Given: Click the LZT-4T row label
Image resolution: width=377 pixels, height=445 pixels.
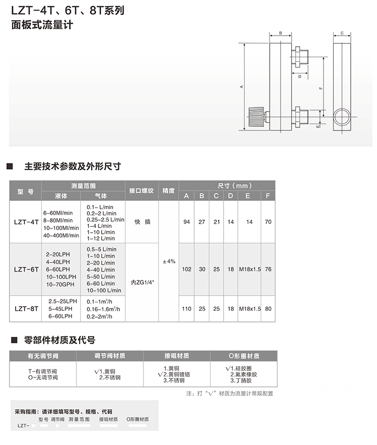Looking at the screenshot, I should (x=26, y=222).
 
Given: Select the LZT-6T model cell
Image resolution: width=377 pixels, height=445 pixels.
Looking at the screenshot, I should (x=26, y=269).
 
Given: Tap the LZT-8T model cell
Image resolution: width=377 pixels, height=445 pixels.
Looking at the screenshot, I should (x=26, y=309).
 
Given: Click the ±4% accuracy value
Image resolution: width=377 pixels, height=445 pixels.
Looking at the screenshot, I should (x=169, y=261).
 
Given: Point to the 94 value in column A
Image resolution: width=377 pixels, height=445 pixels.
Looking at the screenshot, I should (x=186, y=222).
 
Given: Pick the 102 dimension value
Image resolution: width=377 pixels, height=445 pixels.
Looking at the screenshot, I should (x=186, y=269).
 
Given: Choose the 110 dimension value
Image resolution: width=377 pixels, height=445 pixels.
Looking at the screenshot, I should (x=186, y=309).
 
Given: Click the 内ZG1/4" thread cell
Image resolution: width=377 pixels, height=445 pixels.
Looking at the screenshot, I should (x=141, y=282).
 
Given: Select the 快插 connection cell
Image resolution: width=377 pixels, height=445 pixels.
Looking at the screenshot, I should (x=141, y=222).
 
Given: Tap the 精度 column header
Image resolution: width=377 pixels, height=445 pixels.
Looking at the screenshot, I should (x=169, y=191).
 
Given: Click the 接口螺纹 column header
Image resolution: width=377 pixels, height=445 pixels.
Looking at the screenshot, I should (x=141, y=191).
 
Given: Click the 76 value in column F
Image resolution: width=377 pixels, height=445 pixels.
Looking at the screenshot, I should (x=268, y=269).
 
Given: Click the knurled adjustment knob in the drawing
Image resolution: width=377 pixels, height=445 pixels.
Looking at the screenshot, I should (x=254, y=116).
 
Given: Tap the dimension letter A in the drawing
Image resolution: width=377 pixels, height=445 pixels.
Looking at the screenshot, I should (x=241, y=86).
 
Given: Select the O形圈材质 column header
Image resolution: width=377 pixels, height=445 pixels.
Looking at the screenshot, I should (x=243, y=356).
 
